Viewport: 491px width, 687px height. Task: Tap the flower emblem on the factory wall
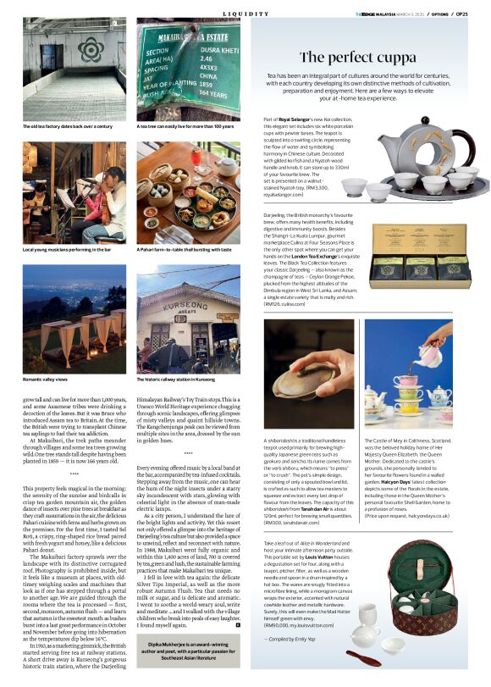pyautogui.click(x=90, y=50)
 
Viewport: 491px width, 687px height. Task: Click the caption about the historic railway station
pyautogui.click(x=183, y=380)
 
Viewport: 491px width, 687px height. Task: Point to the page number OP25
pyautogui.click(x=478, y=14)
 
